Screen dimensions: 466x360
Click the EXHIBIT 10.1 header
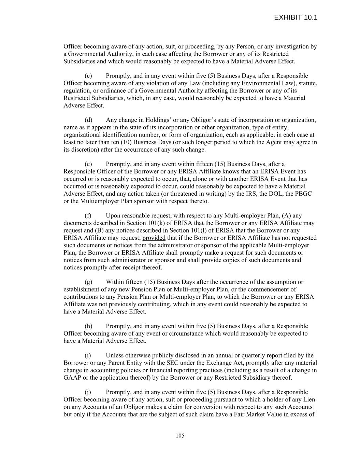[x=296, y=17]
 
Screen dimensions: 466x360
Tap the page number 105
[x=180, y=435]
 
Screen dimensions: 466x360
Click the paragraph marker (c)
[x=88, y=76]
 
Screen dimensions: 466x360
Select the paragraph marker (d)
[x=88, y=120]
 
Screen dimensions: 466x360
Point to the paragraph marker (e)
[x=88, y=164]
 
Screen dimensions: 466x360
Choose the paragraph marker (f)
[x=88, y=216]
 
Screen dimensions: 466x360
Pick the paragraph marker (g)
[x=88, y=282]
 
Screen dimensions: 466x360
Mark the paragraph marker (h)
[x=88, y=326]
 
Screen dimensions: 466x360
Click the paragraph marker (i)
[x=88, y=355]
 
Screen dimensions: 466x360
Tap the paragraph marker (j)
[x=88, y=392]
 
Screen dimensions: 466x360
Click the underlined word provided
[x=154, y=238]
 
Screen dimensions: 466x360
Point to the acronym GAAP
[x=72, y=378]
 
